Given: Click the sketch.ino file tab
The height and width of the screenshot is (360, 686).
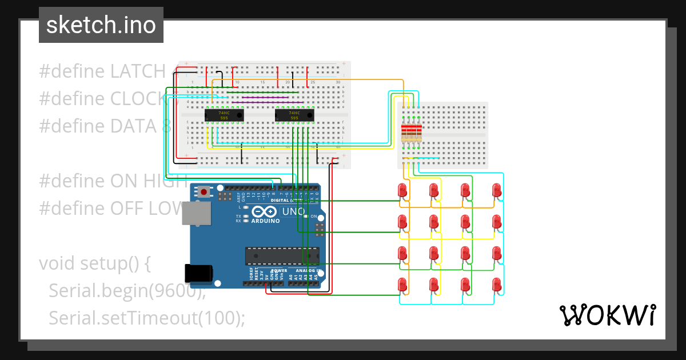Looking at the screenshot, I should [x=101, y=25].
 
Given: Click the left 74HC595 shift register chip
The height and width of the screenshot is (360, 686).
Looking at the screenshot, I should [x=224, y=115].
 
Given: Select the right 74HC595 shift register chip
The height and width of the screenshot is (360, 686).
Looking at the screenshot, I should [x=294, y=115].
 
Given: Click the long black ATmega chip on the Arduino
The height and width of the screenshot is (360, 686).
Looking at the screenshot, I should [x=282, y=256].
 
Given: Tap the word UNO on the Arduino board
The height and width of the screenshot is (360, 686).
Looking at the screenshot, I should [x=294, y=211].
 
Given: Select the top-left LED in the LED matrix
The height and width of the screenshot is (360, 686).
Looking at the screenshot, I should [x=402, y=190].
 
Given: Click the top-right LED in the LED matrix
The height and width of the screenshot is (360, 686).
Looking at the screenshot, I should [x=497, y=190].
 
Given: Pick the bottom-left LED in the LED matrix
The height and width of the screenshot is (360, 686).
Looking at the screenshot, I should [x=402, y=285].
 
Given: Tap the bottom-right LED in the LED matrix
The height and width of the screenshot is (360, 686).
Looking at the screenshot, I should [x=497, y=285].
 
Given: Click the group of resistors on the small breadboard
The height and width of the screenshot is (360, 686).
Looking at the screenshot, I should [x=412, y=132].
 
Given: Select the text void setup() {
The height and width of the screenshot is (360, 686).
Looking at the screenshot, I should [x=94, y=263].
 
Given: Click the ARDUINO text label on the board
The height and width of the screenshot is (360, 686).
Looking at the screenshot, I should [x=266, y=221].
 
